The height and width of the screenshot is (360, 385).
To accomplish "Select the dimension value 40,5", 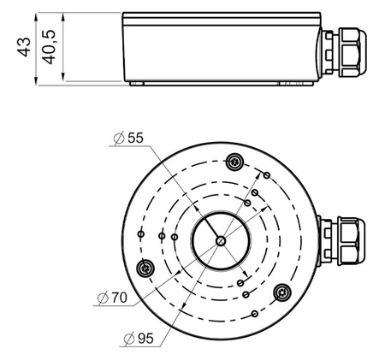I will (x=51, y=46).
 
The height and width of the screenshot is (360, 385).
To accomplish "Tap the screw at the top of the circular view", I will (x=235, y=162).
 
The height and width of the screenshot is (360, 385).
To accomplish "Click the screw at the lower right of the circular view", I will (x=283, y=293).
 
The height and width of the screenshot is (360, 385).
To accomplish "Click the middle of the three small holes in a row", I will (x=159, y=235).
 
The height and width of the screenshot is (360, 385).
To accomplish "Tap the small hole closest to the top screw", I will (x=266, y=174).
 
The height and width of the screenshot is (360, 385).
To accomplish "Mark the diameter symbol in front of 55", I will (x=117, y=138).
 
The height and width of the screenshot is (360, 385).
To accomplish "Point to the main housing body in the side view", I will (x=222, y=48).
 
